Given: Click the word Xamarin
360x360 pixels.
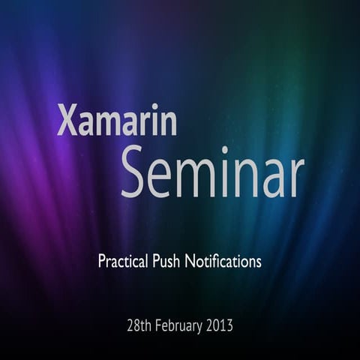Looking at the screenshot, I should coord(117,121).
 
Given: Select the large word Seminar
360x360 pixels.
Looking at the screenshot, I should coord(212,173).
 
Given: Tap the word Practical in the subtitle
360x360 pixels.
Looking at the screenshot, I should coord(124,262).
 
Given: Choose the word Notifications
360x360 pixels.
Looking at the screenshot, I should coord(226,262).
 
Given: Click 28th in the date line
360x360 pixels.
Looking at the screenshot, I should coord(139,326).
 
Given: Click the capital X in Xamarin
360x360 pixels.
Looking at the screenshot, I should coord(67,121).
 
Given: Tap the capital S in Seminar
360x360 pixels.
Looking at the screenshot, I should coord(135,173).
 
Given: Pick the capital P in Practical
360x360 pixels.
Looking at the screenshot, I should coord(102,262).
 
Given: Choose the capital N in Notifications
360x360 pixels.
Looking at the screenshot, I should coord(194,262).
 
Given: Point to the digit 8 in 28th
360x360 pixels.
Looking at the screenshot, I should coord(136,326).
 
